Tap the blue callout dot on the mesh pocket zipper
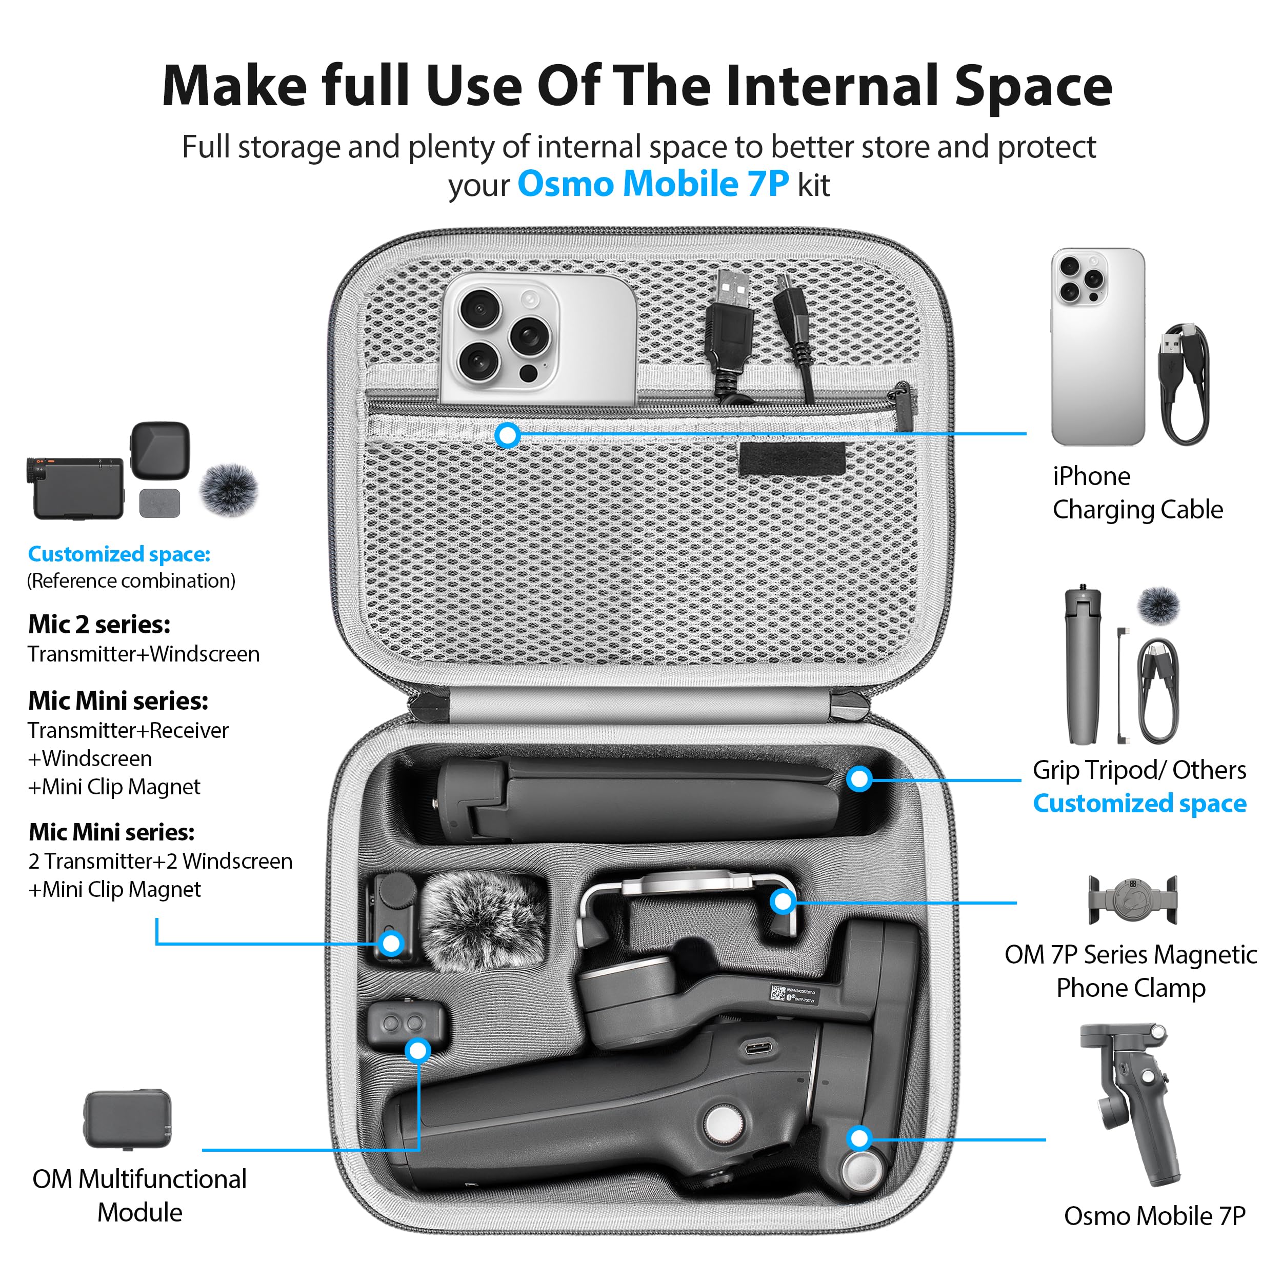click(508, 435)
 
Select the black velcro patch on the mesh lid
click(792, 459)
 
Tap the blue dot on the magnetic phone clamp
click(783, 901)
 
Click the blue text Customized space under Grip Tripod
click(1139, 804)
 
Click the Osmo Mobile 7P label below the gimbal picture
click(1155, 1216)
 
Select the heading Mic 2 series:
click(99, 625)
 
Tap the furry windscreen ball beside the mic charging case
click(229, 490)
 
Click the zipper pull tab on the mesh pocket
click(904, 406)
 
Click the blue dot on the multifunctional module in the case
click(418, 1050)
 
